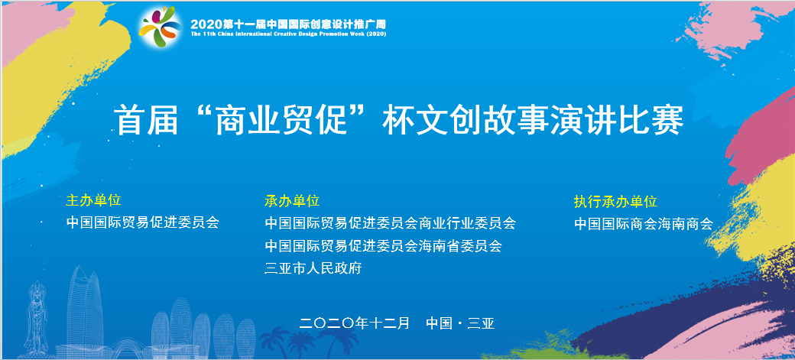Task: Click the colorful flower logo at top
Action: [x=160, y=26]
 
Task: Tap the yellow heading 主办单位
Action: [x=93, y=200]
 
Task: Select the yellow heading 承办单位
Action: [x=292, y=201]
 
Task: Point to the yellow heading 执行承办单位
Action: [x=615, y=201]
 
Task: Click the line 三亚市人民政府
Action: [x=313, y=268]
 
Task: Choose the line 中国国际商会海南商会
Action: [x=644, y=224]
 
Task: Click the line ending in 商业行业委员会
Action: [x=391, y=222]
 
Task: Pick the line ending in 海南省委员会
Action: [x=383, y=246]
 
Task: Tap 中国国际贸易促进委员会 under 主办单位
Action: [x=142, y=222]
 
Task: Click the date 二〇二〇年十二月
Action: [x=355, y=323]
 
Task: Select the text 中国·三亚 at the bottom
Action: [x=460, y=323]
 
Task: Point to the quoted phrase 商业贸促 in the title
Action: [x=281, y=120]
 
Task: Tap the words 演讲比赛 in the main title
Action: [x=617, y=120]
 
